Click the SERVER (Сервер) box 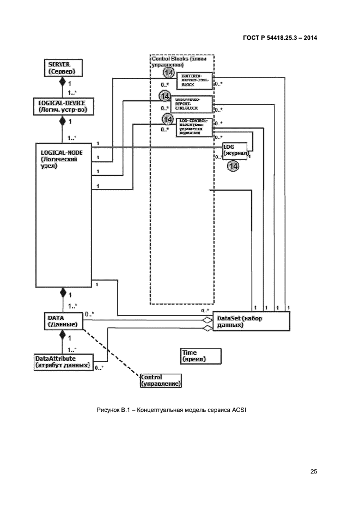point(62,68)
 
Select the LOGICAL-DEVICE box point(62,106)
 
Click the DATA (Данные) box point(62,320)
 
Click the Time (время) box point(201,356)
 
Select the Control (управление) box point(161,380)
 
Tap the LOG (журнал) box point(235,151)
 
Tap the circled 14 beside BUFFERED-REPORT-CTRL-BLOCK point(169,73)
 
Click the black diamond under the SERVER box point(62,82)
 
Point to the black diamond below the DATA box point(62,333)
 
